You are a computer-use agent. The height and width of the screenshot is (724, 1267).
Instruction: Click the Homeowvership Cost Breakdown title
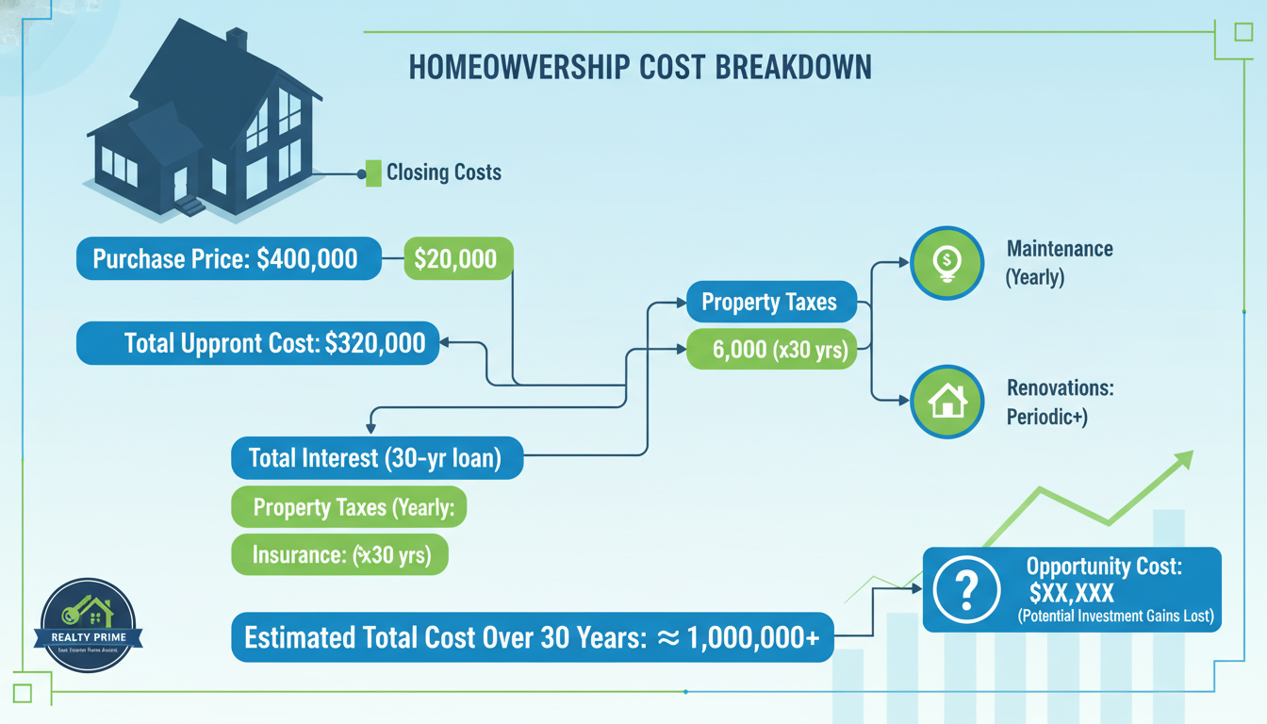640,69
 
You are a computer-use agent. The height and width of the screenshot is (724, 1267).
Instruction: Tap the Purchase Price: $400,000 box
228,258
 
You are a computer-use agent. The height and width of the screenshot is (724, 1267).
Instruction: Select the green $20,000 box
457,258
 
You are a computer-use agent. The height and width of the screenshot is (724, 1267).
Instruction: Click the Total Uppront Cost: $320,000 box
257,343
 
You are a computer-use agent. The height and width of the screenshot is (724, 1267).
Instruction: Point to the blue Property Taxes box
769,303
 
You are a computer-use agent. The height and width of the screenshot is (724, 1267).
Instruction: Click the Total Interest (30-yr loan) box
376,458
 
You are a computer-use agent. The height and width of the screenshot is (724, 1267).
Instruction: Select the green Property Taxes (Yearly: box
350,508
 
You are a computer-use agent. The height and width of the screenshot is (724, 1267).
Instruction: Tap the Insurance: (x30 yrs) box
339,555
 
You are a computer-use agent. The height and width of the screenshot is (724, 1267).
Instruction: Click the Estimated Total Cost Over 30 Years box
533,638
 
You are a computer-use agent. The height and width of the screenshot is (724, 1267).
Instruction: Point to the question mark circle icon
964,589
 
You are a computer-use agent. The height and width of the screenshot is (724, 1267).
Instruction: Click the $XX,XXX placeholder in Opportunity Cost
1072,593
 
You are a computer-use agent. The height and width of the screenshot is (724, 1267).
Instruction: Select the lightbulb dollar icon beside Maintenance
946,263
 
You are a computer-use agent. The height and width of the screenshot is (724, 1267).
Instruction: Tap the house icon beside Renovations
946,402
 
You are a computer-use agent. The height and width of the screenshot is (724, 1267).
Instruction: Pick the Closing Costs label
443,173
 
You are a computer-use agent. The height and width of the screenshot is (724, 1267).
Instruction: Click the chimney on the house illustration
237,41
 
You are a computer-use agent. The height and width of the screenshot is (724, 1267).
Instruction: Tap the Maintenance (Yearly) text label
1059,263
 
